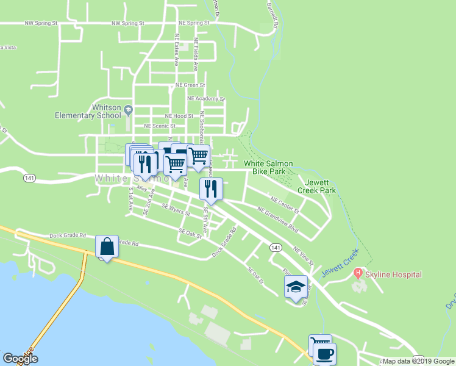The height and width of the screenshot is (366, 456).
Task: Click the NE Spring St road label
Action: pos(194,23)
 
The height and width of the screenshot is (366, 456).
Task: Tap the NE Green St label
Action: pos(190,85)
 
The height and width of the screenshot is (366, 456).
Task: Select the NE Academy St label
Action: pos(206,98)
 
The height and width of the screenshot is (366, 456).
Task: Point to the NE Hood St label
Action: pos(179,115)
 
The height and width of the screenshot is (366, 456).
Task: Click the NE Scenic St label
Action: pos(159,126)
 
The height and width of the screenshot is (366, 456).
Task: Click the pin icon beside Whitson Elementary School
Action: pos(128,110)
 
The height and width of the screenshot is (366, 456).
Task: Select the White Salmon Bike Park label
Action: pos(268,168)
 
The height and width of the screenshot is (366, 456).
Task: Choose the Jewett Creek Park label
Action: pos(316,186)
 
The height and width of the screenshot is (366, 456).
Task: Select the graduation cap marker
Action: pos(296,286)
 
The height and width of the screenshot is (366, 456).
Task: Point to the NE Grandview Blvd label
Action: pos(278,219)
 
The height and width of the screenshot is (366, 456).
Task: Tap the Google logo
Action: pos(20,359)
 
